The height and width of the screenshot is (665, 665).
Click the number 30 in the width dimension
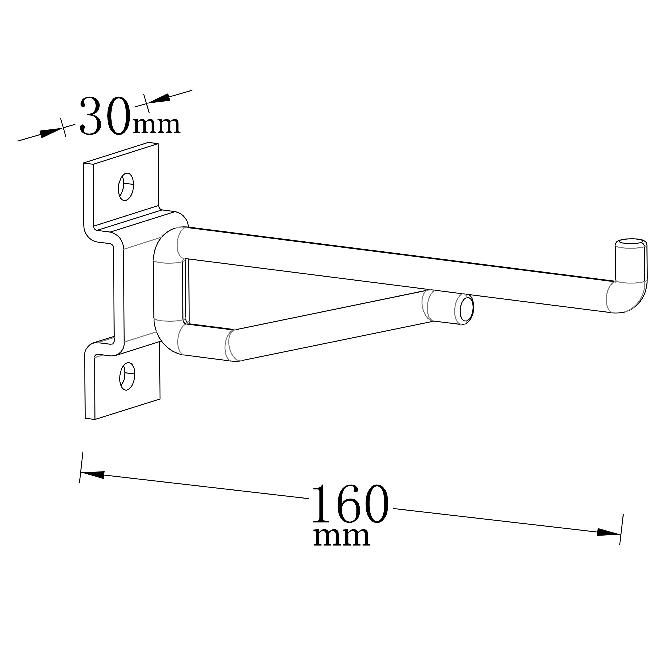tap(105, 116)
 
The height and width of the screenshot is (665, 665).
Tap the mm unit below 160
tap(342, 537)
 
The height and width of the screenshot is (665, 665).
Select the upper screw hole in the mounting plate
tap(126, 187)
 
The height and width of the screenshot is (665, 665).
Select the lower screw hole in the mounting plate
tap(127, 376)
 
